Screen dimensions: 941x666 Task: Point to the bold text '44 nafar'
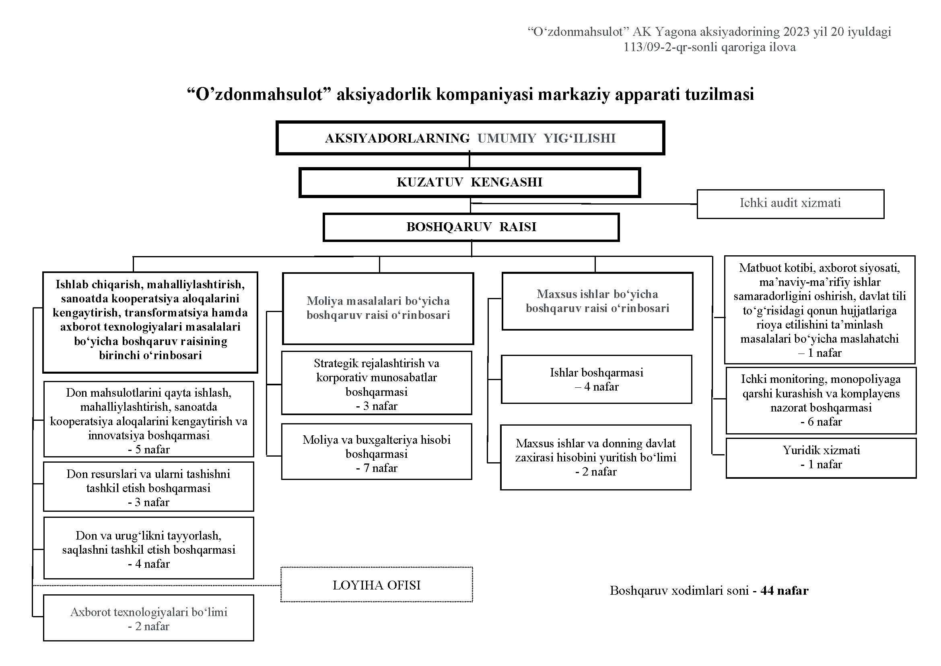pos(785,591)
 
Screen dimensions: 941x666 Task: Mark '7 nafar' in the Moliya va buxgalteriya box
pos(377,468)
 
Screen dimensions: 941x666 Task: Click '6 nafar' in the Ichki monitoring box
pos(821,422)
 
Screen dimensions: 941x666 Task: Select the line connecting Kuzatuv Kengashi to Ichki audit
pos(584,203)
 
